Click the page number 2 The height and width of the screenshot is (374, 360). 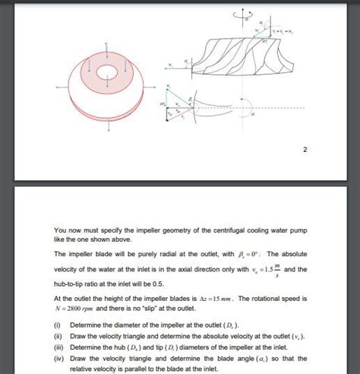click(305, 149)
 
